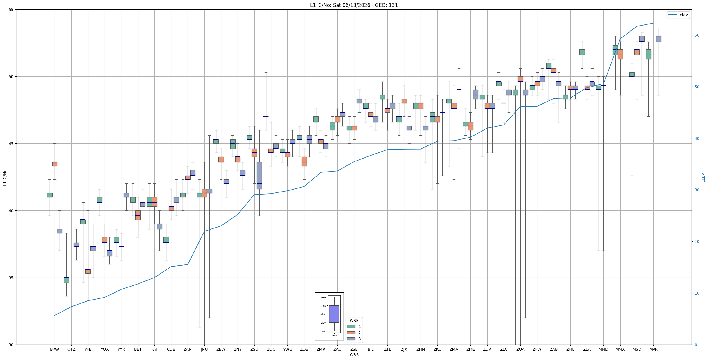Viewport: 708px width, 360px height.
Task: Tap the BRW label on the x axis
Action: coord(54,349)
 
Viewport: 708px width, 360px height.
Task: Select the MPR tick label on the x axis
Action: coord(653,349)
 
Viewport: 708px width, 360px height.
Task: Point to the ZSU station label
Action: coord(254,349)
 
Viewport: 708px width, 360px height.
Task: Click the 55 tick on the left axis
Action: coord(11,10)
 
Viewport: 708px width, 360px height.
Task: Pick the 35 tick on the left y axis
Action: coord(11,278)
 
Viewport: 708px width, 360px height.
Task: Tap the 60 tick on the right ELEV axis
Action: coord(697,35)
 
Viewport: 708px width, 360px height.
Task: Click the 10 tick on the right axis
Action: coord(697,293)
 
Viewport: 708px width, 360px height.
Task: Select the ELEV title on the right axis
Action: coord(703,177)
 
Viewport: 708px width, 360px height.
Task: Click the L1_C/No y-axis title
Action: coord(5,177)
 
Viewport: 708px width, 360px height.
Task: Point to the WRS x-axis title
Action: coord(354,355)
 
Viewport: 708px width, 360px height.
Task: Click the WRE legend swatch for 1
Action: coord(351,327)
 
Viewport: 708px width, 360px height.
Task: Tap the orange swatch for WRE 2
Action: coord(351,333)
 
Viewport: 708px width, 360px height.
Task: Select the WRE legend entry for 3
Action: coord(354,339)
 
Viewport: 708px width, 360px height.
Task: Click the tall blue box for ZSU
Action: coord(259,175)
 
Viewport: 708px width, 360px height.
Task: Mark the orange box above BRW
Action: coord(55,164)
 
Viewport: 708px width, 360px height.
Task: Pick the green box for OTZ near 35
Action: coord(66,280)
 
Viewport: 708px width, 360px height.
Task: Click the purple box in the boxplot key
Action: coord(334,314)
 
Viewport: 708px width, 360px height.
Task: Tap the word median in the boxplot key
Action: coord(322,314)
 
